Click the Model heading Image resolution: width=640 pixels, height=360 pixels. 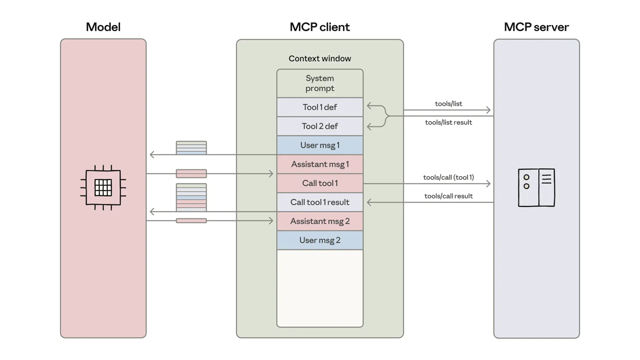pos(103,27)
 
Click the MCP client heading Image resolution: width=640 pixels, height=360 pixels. pos(320,27)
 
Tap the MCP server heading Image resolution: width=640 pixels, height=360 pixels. pos(536,27)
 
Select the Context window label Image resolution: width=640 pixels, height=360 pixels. pos(320,58)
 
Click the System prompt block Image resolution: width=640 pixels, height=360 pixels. pos(320,83)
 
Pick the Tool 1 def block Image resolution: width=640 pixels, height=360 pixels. pos(320,107)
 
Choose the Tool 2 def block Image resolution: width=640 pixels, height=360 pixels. pos(320,126)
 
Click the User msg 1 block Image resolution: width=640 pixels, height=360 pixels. pos(320,145)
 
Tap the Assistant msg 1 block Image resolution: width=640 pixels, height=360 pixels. pos(320,164)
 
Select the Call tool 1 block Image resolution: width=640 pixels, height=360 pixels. pos(320,183)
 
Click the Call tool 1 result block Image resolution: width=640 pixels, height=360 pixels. pos(320,202)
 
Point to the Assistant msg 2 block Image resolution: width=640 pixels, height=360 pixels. pos(320,221)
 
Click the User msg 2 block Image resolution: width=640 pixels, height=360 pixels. pos(320,240)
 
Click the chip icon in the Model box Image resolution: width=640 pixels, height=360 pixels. pos(103,187)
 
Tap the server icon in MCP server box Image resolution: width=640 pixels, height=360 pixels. pos(536,187)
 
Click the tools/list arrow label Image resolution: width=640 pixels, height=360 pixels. pos(448,104)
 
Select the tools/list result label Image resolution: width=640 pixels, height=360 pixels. pos(448,122)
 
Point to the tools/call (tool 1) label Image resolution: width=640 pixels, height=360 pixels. pos(448,177)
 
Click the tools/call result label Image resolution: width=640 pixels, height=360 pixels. pos(448,196)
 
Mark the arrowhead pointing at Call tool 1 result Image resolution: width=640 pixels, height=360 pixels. pos(369,202)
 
